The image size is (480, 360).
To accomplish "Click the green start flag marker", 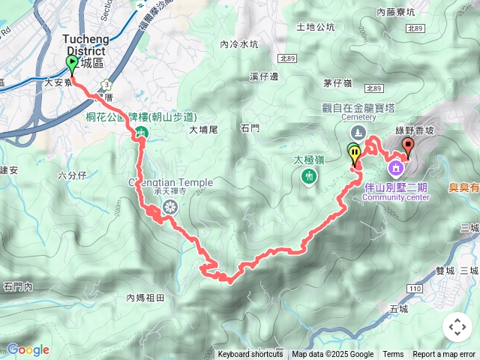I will point(71,63).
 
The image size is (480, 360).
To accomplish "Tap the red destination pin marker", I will point(408,145).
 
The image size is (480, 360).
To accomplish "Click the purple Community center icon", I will point(394,166).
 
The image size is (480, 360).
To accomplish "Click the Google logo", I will point(28,349).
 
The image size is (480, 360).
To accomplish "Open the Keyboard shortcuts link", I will point(250,355).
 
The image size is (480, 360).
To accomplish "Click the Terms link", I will point(393,355).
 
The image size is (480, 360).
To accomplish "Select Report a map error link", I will point(445,355).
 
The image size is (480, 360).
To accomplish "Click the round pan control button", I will point(457,326).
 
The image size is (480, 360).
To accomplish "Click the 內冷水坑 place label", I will point(239,44).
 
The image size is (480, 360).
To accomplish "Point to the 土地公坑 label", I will point(316,27).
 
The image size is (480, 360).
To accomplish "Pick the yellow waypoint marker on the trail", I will point(355,154).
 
